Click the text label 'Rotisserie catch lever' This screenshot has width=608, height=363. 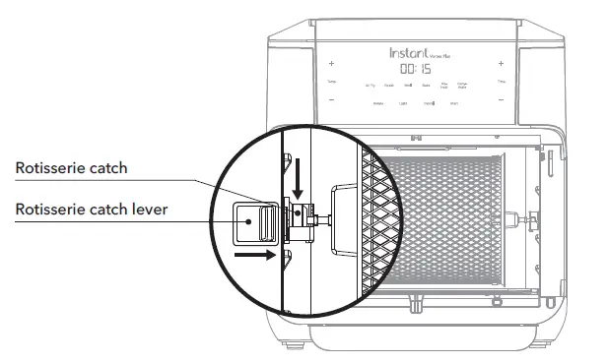[x=91, y=209]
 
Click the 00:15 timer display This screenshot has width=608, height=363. [x=415, y=70]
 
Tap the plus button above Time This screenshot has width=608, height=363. [x=501, y=64]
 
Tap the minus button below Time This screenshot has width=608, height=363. [x=501, y=100]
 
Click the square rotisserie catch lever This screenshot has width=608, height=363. [x=249, y=221]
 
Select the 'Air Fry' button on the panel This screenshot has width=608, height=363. [x=370, y=87]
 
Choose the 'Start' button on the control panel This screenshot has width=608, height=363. [x=454, y=103]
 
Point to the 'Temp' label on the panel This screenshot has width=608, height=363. [x=331, y=81]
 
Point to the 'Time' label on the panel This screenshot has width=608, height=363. [x=501, y=81]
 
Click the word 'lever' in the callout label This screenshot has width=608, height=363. [x=148, y=209]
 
